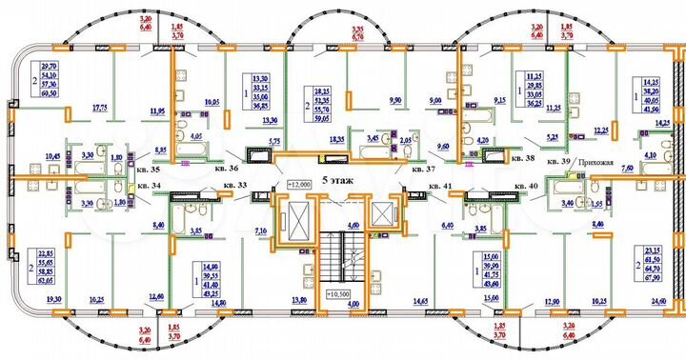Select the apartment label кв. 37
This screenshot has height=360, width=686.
(x=423, y=170)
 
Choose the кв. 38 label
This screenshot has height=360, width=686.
(x=524, y=160)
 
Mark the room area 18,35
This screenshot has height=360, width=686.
(x=335, y=139)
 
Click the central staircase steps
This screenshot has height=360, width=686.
(x=340, y=256)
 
